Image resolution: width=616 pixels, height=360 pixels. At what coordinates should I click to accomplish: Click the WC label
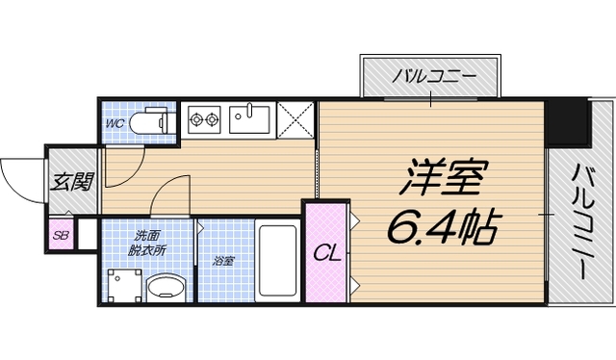(x=114, y=123)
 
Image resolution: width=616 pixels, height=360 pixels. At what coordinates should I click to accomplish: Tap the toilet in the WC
(x=153, y=121)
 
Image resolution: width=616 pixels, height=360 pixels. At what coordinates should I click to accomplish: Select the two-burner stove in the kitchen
(x=203, y=120)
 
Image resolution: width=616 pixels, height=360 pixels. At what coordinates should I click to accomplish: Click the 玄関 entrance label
(x=72, y=180)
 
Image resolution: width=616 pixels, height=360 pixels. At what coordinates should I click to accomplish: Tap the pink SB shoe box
(x=61, y=235)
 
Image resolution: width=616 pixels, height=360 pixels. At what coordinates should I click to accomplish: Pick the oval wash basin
(x=169, y=287)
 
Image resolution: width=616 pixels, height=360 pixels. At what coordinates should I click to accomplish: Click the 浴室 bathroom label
(x=223, y=259)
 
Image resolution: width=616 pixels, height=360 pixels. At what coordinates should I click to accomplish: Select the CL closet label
(x=326, y=254)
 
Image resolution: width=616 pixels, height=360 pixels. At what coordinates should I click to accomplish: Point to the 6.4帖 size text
(x=442, y=227)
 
